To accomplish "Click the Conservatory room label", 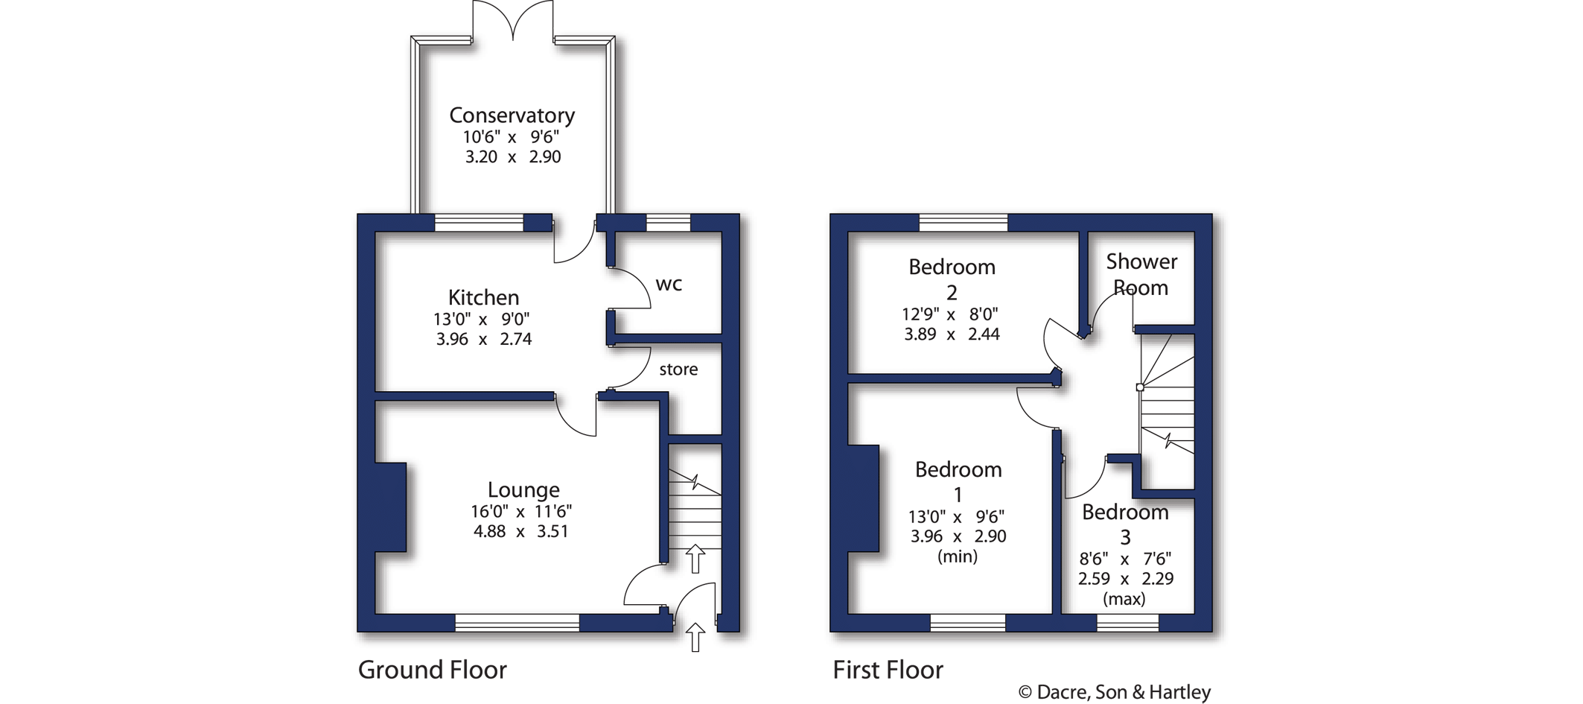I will (x=512, y=115).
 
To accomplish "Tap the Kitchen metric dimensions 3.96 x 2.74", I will (x=484, y=339).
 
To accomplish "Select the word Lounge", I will (x=523, y=490).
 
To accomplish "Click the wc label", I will (x=669, y=284).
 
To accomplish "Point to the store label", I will (x=678, y=370).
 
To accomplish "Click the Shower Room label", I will (x=1141, y=274).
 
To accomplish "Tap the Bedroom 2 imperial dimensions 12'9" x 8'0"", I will (x=950, y=314).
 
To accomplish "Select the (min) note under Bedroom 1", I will (x=958, y=556).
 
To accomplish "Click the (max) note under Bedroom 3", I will (x=1124, y=599).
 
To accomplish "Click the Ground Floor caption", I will (x=433, y=670).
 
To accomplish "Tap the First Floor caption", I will (x=888, y=670).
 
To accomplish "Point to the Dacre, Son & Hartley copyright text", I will (x=1114, y=692).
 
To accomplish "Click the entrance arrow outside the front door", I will (x=695, y=638).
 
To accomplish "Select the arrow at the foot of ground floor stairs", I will (x=695, y=558).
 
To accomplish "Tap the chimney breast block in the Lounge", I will (x=390, y=507).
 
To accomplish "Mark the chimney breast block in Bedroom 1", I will (x=864, y=498).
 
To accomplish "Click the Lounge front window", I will (x=517, y=623).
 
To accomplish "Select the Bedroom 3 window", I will (x=1128, y=623).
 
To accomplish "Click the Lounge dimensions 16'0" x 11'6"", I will (x=520, y=512).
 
